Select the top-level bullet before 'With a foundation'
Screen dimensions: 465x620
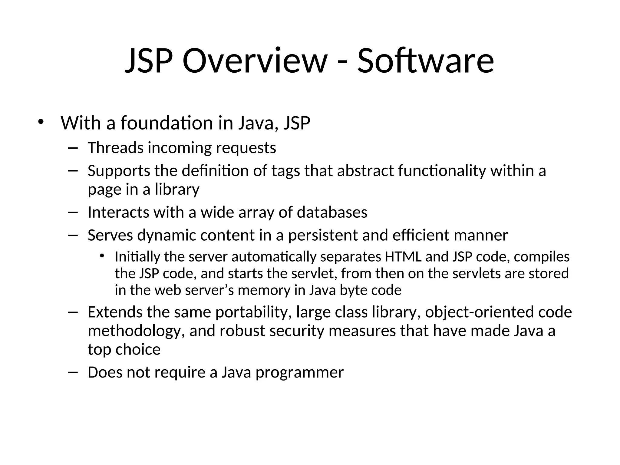[41, 122]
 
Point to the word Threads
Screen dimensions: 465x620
[115, 148]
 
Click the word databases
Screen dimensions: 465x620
[332, 212]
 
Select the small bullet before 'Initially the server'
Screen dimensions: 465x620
[102, 256]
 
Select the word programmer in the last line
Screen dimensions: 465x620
[299, 373]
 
